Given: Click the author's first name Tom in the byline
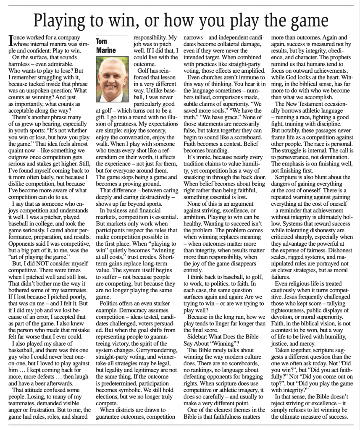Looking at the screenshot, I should tap(102, 42).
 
